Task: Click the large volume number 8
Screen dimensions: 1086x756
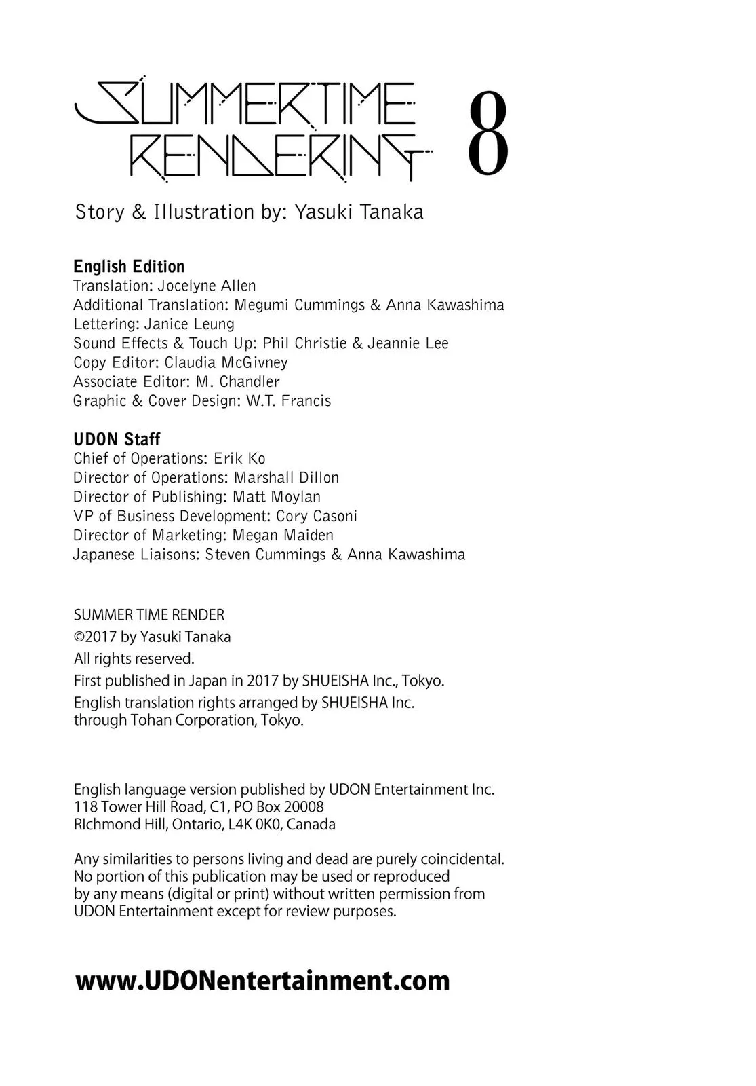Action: (x=488, y=134)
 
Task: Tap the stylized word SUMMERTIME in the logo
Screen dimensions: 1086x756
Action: (x=245, y=104)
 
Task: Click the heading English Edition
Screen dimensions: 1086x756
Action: (x=129, y=266)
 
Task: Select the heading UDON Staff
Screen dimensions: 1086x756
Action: (x=117, y=439)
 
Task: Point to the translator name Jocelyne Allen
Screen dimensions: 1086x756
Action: (x=207, y=286)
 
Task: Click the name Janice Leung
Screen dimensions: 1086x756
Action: (x=189, y=324)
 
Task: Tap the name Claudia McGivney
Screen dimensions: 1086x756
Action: (x=226, y=362)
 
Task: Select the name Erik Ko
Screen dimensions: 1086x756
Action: (x=239, y=458)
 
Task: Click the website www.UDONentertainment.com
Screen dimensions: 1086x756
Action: (x=262, y=981)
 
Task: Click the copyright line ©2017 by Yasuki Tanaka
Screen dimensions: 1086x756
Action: (x=153, y=637)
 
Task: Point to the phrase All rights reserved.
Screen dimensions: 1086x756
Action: (x=134, y=658)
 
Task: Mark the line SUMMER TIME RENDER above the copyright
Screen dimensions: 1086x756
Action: (x=149, y=615)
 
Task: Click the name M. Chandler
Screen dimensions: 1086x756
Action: (x=237, y=381)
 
